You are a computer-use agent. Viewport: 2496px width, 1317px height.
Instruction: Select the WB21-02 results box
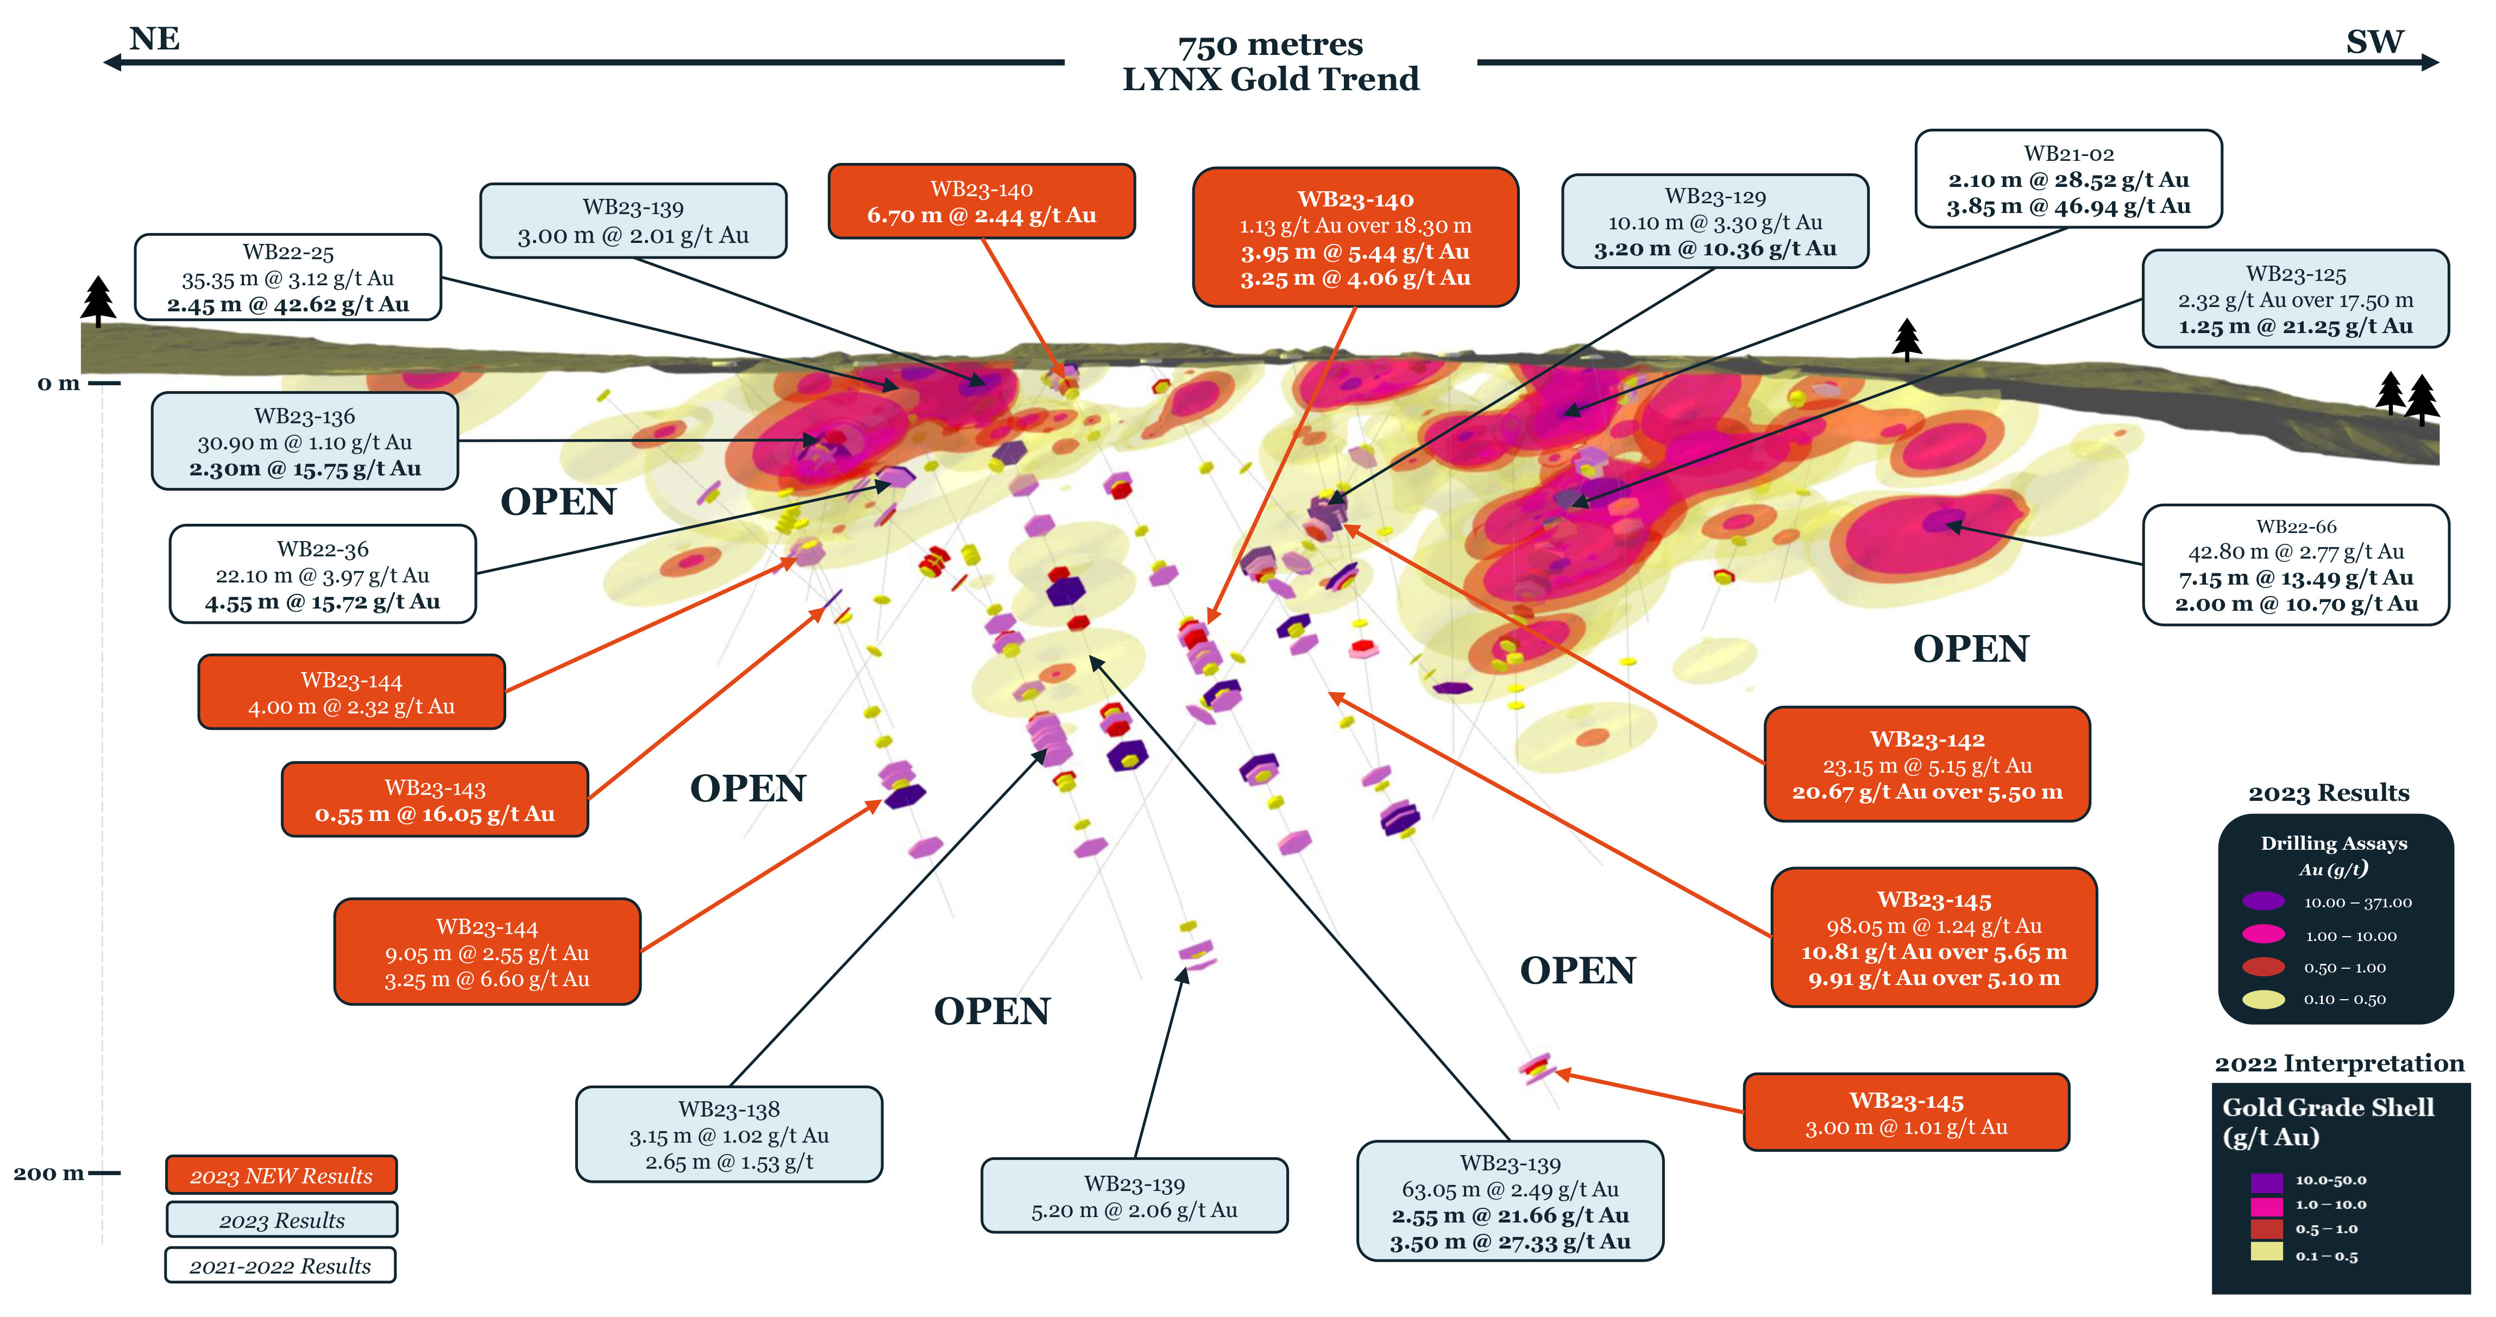[2068, 179]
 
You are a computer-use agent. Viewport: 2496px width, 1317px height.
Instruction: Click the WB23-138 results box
[728, 1134]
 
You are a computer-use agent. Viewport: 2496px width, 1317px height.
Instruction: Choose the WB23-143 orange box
[434, 800]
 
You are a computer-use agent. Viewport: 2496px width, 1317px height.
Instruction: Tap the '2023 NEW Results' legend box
[281, 1176]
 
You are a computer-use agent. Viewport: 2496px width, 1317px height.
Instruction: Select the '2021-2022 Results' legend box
[280, 1265]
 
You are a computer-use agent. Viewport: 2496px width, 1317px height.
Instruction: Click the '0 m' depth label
[58, 384]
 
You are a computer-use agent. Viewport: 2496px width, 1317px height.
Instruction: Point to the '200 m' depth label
[48, 1174]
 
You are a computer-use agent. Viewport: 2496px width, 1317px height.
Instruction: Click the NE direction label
[154, 39]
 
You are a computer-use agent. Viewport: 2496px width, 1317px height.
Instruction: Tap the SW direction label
[2374, 42]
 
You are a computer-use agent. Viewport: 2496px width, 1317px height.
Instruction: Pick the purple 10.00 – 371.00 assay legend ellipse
[2264, 901]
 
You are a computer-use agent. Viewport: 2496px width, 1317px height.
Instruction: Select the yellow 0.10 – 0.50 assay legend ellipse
[2264, 999]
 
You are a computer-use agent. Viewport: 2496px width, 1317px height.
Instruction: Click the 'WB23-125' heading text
[2296, 274]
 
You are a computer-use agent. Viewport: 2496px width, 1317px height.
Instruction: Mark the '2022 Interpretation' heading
[2338, 1064]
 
